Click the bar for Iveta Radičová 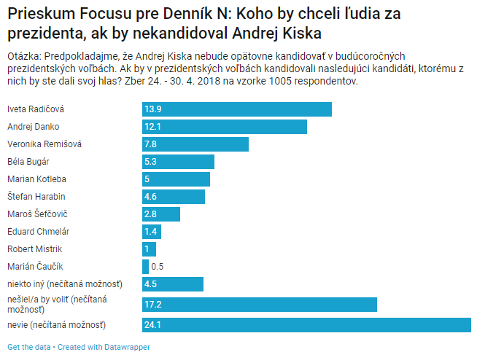tap(236, 109)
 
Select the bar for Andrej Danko tap(224, 127)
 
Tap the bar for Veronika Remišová tap(195, 144)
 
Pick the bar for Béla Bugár tap(178, 162)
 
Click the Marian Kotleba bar tap(176, 179)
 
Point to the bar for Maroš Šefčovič tap(160, 214)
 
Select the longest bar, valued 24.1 tap(306, 324)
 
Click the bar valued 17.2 tap(259, 305)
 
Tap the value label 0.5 tap(157, 267)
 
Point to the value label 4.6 tap(151, 197)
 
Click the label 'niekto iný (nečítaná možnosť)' tap(64, 284)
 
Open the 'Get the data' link tap(28, 347)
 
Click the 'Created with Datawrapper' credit tap(104, 347)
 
